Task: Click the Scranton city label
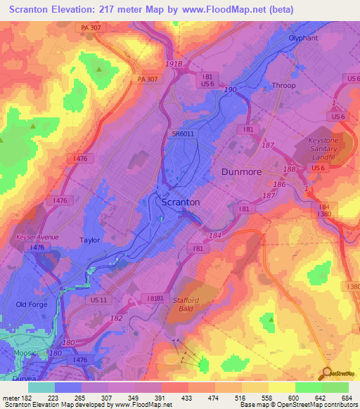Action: coord(181,202)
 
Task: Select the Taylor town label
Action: coord(89,240)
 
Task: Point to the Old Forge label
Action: coord(31,304)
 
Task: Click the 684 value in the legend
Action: coord(347,398)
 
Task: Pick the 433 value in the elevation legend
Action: coord(187,398)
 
